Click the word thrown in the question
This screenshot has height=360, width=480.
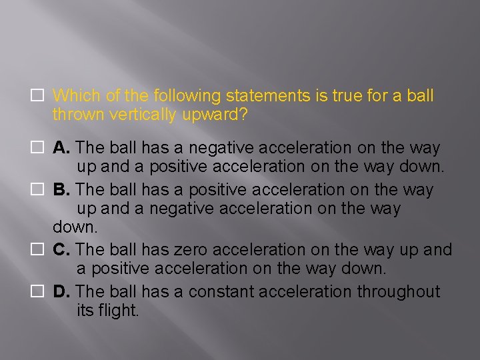point(74,115)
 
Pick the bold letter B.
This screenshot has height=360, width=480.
point(60,190)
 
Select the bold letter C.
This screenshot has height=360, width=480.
point(60,250)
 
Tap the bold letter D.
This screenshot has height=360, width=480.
point(60,292)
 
